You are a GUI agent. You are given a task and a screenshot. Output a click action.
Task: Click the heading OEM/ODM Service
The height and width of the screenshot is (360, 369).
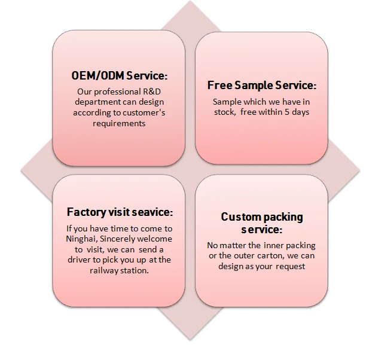click(x=119, y=77)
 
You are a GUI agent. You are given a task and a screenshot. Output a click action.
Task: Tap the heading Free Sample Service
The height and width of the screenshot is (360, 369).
click(x=261, y=86)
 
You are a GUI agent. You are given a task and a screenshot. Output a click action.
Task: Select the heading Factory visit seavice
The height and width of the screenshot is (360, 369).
click(x=120, y=212)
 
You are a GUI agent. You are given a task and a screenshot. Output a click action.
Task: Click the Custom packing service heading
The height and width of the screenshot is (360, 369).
click(x=262, y=222)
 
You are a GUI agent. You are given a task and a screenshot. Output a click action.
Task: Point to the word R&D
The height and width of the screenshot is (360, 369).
click(x=153, y=91)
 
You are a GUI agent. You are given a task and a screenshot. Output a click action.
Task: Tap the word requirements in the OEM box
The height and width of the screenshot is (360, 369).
click(x=119, y=123)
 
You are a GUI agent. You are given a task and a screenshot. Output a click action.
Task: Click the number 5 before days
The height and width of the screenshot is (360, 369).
click(x=290, y=112)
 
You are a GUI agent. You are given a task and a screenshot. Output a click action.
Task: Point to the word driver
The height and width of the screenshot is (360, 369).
click(x=83, y=260)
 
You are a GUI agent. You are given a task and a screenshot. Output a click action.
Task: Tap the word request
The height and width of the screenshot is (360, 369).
click(x=290, y=266)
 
